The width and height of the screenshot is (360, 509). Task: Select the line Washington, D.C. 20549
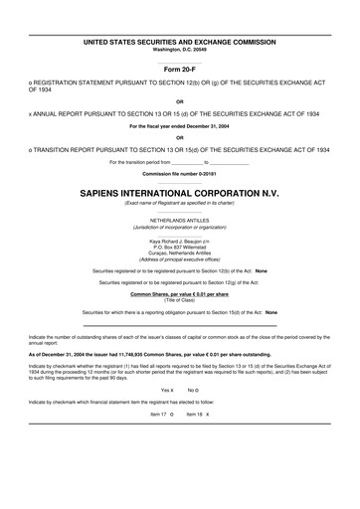click(180, 48)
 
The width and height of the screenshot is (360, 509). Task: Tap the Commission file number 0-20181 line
click(180, 174)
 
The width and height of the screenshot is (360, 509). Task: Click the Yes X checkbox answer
click(167, 418)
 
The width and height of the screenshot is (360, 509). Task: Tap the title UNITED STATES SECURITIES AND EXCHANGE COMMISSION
click(180, 41)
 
